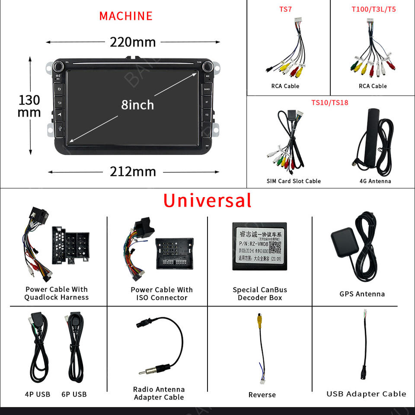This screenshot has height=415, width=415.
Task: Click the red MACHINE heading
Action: (x=126, y=16)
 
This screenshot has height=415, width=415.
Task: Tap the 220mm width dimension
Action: (x=133, y=42)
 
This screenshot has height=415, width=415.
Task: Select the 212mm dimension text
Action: (x=133, y=172)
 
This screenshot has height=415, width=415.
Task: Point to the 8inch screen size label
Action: (x=137, y=105)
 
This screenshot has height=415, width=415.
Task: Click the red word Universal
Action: (x=207, y=201)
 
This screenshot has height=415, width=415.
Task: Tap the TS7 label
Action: (x=285, y=9)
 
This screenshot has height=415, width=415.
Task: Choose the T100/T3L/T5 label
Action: (x=373, y=9)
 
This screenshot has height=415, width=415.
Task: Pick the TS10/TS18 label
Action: (x=329, y=102)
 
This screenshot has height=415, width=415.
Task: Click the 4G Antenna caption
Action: (x=375, y=181)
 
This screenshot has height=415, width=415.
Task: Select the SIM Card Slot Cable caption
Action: (x=294, y=181)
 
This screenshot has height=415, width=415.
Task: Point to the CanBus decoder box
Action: (x=259, y=246)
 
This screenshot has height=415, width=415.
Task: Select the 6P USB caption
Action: (x=74, y=394)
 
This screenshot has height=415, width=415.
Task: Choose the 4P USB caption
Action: (x=37, y=394)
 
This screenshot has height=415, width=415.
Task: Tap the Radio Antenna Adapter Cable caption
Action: (x=159, y=393)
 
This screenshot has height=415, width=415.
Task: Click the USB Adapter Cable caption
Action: (x=366, y=394)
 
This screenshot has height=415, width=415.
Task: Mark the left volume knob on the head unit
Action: (x=57, y=67)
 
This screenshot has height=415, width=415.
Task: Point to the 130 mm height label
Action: (x=29, y=106)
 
